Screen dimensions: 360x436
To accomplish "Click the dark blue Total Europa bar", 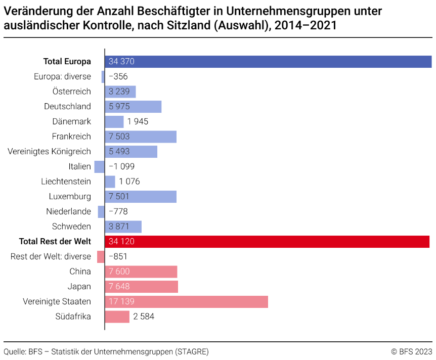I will (x=268, y=62).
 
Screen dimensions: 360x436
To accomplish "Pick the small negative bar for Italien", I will (x=99, y=167).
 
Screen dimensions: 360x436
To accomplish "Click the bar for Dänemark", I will (x=114, y=122).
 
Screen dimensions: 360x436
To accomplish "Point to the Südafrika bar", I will (x=117, y=317).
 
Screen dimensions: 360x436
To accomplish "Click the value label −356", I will (x=118, y=77).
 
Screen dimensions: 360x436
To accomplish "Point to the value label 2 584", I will (x=144, y=317).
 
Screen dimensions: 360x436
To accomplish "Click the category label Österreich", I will (x=71, y=92).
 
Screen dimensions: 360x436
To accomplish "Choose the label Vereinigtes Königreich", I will (x=50, y=152).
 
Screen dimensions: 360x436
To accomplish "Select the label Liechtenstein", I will (x=66, y=182).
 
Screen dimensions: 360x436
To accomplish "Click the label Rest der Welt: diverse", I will (x=51, y=257).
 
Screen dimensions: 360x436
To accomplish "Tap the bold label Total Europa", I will (x=67, y=62).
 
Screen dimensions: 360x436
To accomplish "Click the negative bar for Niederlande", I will (x=101, y=212).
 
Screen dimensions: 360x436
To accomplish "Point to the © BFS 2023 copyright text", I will (x=411, y=351).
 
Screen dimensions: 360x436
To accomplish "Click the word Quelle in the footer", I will (x=15, y=351).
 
